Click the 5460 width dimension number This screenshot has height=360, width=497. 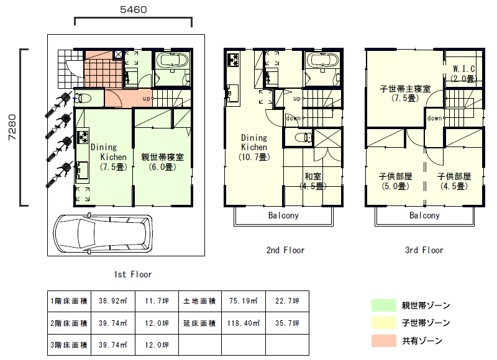pos(134,9)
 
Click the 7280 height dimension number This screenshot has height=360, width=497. pos(12,127)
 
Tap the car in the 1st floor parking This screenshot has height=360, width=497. pos(103,233)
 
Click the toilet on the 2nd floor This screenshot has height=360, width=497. pos(303,138)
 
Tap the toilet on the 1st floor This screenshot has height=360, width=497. pos(83,98)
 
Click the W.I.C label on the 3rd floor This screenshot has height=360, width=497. pos(463,68)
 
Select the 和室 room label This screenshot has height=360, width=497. pos(313,176)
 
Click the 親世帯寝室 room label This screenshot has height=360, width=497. pos(162,157)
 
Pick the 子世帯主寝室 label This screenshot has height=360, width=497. pos(405,89)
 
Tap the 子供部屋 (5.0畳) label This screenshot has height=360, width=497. pos(395,181)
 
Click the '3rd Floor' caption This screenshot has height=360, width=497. pos(424,250)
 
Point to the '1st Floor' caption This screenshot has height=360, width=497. pos(133,274)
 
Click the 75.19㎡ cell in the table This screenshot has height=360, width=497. pos(244,301)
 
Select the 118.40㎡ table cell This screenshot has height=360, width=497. pos(244,323)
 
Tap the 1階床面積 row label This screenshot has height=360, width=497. pos(69,301)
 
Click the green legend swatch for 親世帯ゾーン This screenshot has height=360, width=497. pos(384,305)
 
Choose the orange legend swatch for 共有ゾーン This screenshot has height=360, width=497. pos(384,341)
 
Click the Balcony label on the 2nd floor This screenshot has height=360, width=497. pos(283,215)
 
